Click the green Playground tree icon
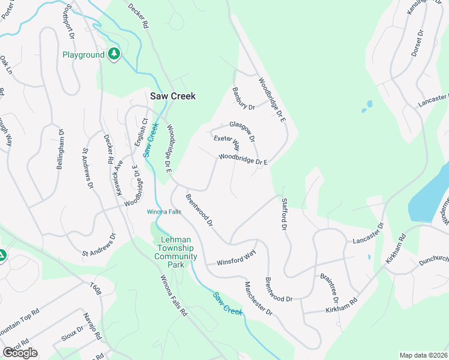click(113, 55)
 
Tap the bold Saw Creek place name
click(172, 96)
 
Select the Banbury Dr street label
click(244, 99)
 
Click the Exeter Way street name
click(227, 143)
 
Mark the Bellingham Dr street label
click(60, 148)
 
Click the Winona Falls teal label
click(164, 212)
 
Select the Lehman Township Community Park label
click(175, 248)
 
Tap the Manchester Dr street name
click(258, 298)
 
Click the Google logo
click(20, 353)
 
